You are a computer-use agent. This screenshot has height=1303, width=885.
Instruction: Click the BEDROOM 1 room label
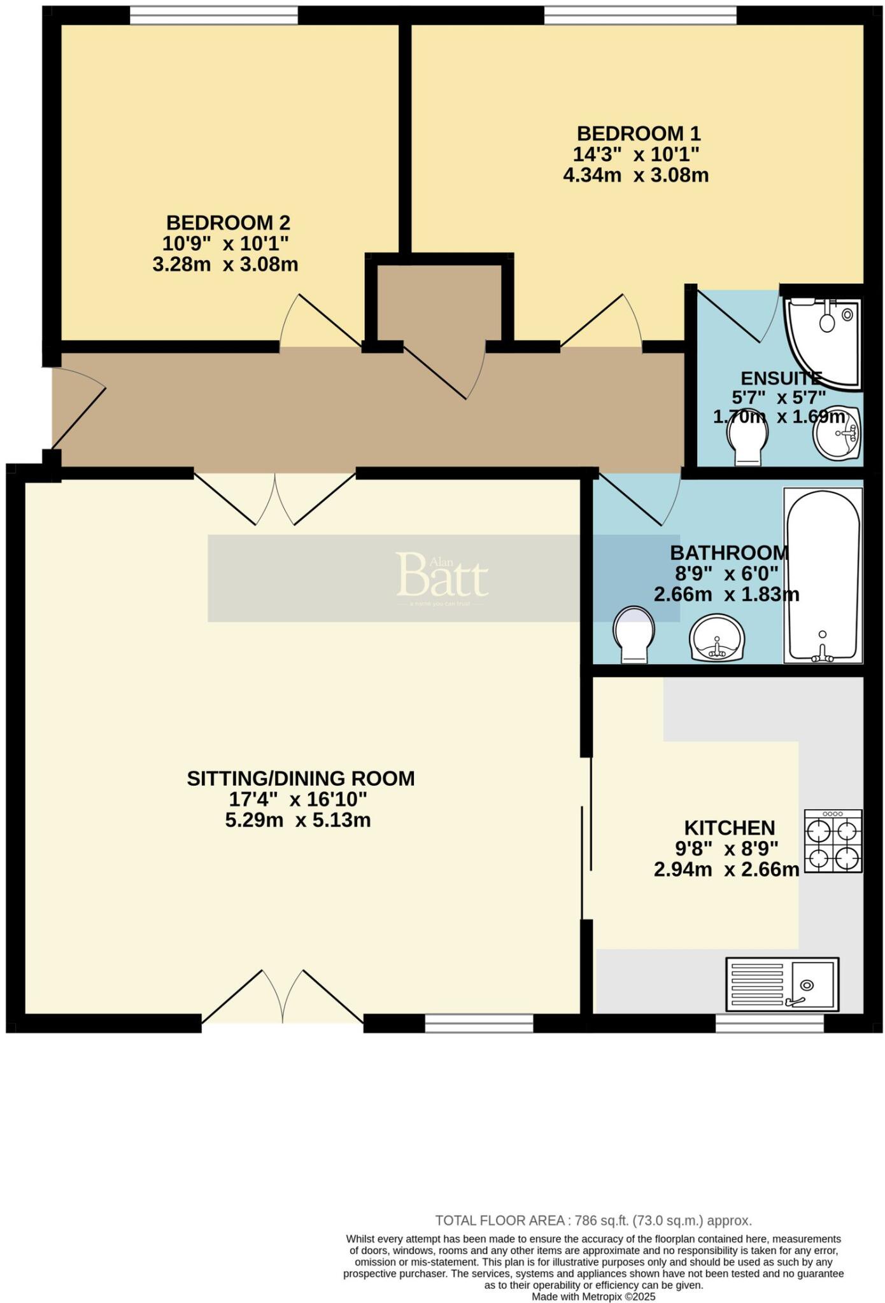coord(638,134)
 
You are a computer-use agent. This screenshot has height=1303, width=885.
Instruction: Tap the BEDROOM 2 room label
coord(228,223)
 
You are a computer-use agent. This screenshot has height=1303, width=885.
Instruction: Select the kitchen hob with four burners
coord(833,841)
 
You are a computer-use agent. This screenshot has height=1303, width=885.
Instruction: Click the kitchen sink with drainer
coord(782,984)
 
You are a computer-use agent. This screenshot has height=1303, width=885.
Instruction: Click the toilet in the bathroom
coord(634,634)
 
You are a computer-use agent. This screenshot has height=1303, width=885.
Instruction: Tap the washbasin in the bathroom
coord(718,638)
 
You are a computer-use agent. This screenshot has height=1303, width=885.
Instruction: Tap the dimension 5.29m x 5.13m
coord(298,820)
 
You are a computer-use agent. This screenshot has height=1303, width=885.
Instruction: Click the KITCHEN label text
coord(730,828)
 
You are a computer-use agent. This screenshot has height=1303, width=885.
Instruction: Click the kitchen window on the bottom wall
coord(769,1023)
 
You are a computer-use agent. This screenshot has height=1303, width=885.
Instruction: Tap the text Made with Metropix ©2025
coord(593,1296)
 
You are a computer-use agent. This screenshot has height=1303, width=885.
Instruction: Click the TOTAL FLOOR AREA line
coord(593,1220)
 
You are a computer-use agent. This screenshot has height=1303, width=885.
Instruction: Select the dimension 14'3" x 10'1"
coord(635,155)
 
